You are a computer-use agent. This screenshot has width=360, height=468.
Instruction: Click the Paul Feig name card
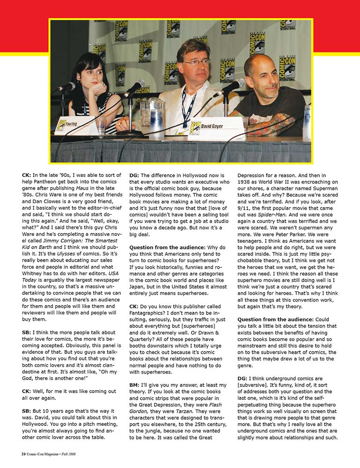75,125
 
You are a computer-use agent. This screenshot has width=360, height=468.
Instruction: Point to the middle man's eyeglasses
196,62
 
